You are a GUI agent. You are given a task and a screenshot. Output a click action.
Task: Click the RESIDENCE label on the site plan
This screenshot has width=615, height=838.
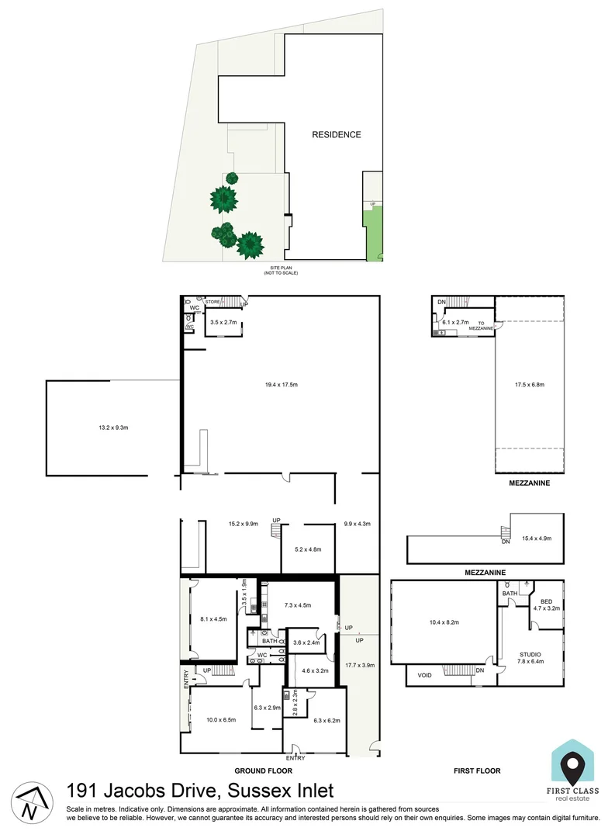click(337, 134)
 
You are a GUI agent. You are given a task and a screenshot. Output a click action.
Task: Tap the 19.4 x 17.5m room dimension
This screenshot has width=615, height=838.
click(280, 383)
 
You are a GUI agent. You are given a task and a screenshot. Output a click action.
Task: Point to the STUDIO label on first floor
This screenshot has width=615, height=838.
click(531, 654)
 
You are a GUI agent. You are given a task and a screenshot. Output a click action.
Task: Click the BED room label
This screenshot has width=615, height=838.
click(547, 601)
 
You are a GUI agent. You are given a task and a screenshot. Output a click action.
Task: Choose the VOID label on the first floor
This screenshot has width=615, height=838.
click(424, 676)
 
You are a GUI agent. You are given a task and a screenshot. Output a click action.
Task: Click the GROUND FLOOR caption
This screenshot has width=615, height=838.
click(263, 770)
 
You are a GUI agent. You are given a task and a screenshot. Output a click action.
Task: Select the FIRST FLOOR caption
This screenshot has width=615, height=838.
click(476, 770)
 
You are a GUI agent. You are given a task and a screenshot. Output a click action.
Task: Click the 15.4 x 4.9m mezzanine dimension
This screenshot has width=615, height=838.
click(537, 538)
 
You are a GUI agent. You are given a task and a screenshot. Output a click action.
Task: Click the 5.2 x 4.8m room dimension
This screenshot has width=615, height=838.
click(308, 549)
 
